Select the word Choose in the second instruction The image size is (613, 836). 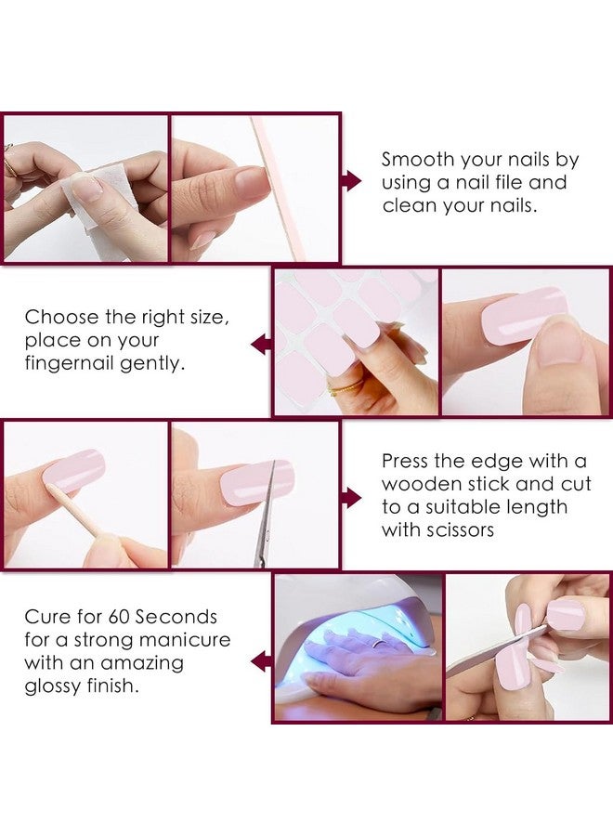coord(61,317)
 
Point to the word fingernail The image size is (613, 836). coord(71,363)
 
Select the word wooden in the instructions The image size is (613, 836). coord(423,484)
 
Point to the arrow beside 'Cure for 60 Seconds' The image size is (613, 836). coord(261,661)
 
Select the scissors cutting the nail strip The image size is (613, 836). coord(265,520)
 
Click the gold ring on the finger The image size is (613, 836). coord(346,385)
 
